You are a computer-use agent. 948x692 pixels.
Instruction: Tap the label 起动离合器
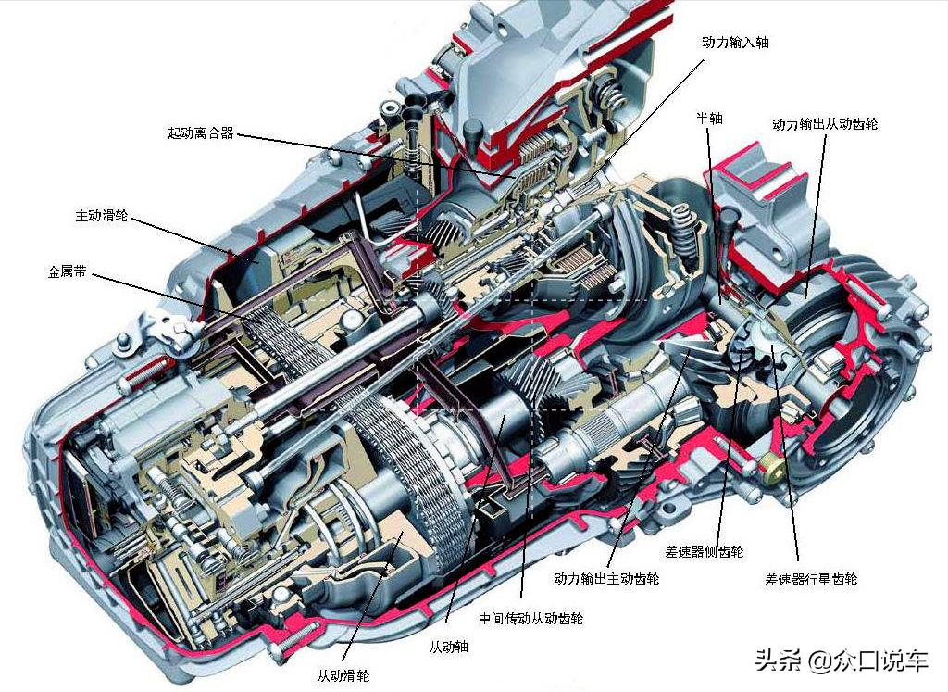tap(200, 133)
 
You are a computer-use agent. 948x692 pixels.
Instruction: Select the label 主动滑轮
tap(102, 216)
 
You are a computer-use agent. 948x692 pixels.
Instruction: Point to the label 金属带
tap(68, 273)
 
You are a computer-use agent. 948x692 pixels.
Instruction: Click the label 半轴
tap(709, 120)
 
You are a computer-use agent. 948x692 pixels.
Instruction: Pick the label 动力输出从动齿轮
tap(825, 123)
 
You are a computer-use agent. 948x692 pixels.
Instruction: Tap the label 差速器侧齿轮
tap(705, 552)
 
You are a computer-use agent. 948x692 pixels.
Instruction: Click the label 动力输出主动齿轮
tap(606, 579)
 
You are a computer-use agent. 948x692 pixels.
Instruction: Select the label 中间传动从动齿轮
tap(531, 618)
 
